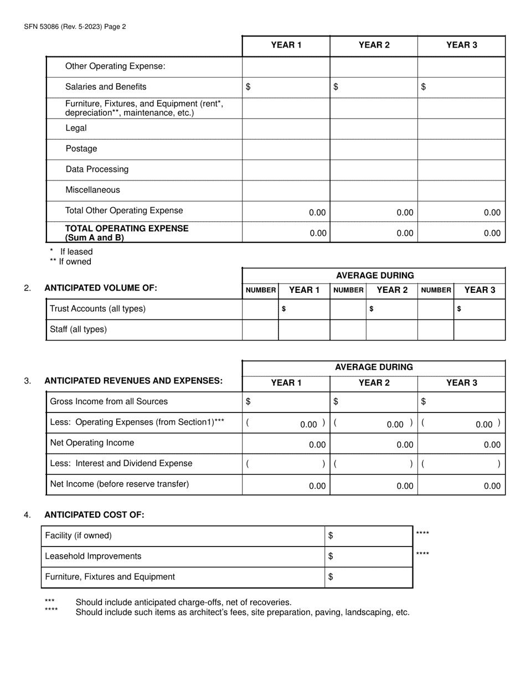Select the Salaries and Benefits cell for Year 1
[x=286, y=87]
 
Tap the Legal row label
[x=76, y=128]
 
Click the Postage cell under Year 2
[x=374, y=149]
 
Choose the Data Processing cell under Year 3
[x=461, y=169]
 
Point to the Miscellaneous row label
[x=92, y=190]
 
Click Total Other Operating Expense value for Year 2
[x=374, y=212]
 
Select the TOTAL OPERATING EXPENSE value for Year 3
[x=461, y=233]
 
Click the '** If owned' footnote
[x=70, y=262]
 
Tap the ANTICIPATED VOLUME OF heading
[x=101, y=288]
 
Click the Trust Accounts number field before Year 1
[x=260, y=309]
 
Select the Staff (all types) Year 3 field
[x=479, y=329]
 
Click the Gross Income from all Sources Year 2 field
[x=374, y=401]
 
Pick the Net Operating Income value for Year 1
[x=286, y=444]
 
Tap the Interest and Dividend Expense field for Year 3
[x=461, y=464]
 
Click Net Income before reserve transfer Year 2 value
[x=374, y=486]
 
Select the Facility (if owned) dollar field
[x=369, y=535]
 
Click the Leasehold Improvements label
[x=93, y=556]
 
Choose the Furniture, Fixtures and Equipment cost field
[x=369, y=577]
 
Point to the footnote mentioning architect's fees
[x=242, y=612]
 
